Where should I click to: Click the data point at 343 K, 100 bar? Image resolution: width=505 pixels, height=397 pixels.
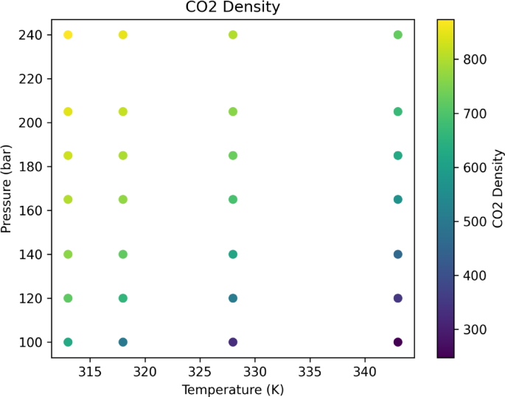click(x=398, y=342)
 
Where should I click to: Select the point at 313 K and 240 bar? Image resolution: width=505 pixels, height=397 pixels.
click(x=68, y=35)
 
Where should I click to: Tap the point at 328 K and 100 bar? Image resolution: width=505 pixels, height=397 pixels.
click(x=233, y=342)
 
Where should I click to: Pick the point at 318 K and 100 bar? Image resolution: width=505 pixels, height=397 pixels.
click(x=123, y=342)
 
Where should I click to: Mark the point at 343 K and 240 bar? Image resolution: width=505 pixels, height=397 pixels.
click(x=398, y=35)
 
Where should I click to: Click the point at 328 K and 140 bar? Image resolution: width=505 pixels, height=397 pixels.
click(x=233, y=254)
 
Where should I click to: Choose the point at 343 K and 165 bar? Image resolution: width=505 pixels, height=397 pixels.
click(x=398, y=199)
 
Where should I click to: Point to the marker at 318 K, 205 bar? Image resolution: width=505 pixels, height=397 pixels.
click(x=123, y=111)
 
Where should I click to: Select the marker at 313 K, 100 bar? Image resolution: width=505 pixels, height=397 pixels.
click(x=68, y=342)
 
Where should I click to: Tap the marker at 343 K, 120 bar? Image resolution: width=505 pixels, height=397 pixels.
click(x=398, y=298)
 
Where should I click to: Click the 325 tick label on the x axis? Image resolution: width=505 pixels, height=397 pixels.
click(x=200, y=370)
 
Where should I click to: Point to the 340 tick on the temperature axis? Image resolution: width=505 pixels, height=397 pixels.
click(x=365, y=370)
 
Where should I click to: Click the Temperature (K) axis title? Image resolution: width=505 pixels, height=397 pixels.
click(x=232, y=388)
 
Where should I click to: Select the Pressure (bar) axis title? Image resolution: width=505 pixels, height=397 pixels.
click(x=8, y=188)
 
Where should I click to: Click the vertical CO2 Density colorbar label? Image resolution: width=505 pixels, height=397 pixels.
click(x=498, y=188)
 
